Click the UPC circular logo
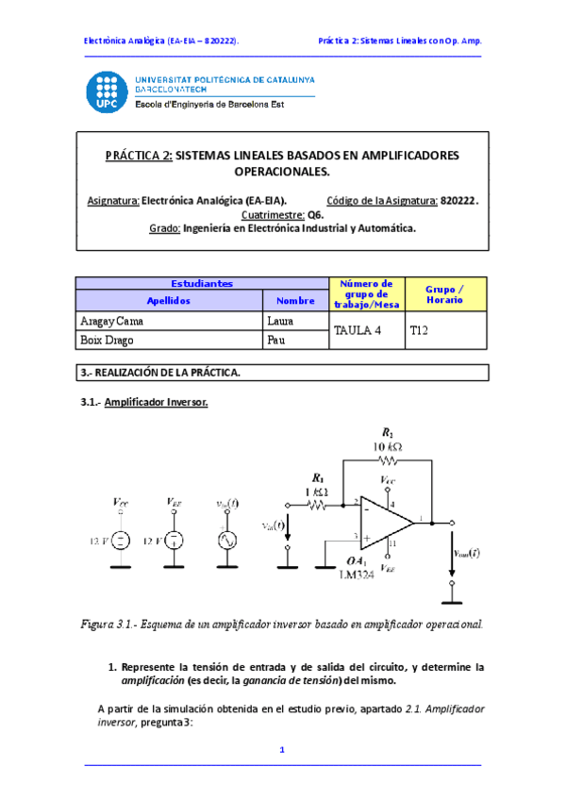(x=108, y=93)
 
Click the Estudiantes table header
(x=202, y=283)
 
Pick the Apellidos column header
(x=169, y=299)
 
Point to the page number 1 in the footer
(x=281, y=750)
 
